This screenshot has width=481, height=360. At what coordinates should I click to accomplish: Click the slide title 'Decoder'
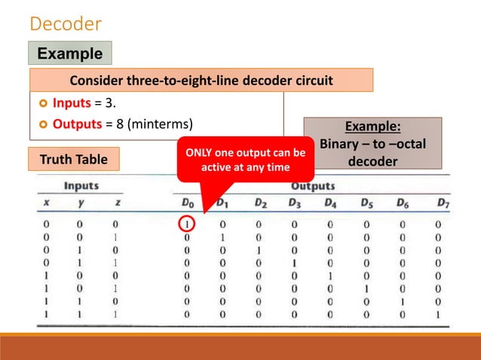(65, 24)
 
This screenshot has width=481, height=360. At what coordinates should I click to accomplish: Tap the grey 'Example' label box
(69, 53)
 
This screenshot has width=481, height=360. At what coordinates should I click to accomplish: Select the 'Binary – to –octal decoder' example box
(372, 144)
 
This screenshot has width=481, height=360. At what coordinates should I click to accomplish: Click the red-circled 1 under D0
(186, 223)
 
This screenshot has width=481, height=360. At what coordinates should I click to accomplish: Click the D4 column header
(331, 203)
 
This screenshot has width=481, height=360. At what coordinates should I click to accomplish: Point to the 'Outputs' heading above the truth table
(313, 185)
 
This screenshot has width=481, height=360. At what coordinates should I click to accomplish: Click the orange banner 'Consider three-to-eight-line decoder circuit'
(201, 80)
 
